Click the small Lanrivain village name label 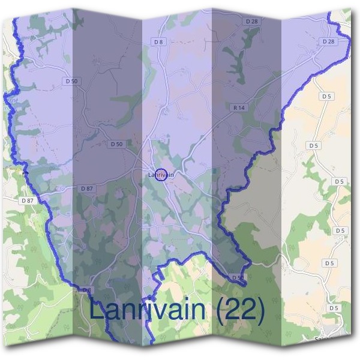(x=160, y=175)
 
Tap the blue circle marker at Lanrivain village (x=160, y=175)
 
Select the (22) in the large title (x=240, y=310)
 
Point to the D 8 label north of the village (x=158, y=42)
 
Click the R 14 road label (x=238, y=107)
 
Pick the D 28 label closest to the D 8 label (x=251, y=21)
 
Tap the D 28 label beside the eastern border (x=328, y=41)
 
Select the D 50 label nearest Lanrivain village (x=116, y=144)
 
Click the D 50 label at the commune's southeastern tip (x=238, y=277)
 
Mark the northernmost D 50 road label (x=70, y=80)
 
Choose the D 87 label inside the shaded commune (x=87, y=188)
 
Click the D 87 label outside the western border (x=26, y=200)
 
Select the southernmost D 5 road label (x=334, y=308)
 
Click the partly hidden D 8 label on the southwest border (x=88, y=290)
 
